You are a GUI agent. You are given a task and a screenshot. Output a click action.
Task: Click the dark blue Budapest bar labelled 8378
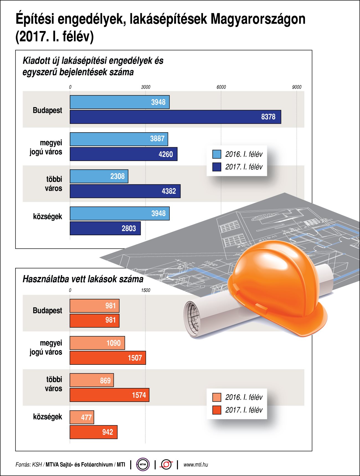pos(175,117)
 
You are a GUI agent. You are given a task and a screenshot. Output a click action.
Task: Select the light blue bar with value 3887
pos(119,139)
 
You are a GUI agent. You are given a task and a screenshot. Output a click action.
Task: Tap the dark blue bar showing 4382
pos(125,191)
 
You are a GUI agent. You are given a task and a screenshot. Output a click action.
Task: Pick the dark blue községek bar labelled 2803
pos(105,228)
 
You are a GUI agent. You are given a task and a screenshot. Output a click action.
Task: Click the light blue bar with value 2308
pos(99,176)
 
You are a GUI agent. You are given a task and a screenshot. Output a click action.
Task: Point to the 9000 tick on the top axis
pos(297,87)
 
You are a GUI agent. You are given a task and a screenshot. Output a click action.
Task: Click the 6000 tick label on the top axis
pos(221,87)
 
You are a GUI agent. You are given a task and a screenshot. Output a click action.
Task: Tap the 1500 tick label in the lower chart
pos(145,290)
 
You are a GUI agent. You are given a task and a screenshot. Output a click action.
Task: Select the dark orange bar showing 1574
pos(109,395)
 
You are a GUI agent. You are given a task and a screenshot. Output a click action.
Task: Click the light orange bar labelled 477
pos(82,417)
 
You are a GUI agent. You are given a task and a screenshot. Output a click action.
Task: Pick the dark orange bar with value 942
pos(93,432)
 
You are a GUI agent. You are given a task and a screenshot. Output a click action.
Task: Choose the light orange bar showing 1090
pos(97,343)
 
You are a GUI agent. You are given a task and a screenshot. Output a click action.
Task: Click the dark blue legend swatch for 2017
pos(217,167)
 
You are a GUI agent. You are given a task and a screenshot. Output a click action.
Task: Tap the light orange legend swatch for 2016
pos(217,397)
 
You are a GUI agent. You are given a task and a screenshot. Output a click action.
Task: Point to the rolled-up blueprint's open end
pos(192,318)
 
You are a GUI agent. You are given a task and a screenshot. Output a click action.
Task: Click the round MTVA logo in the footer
pos(143,464)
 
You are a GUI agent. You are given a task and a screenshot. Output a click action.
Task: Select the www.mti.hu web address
pos(196,464)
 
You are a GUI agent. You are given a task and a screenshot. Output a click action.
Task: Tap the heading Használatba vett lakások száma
pos(83,279)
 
